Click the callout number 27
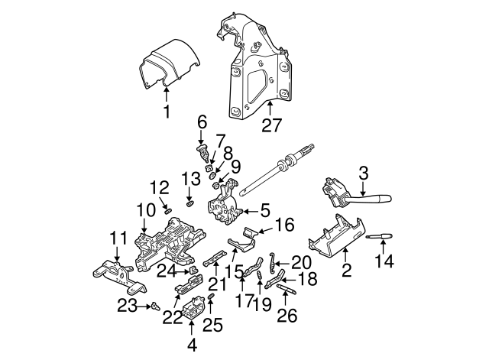tap(271, 125)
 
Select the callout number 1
tap(167, 112)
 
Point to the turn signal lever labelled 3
tap(355, 193)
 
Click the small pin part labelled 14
tap(379, 237)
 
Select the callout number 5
tap(265, 210)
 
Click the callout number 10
tap(146, 210)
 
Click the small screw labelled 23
tap(155, 306)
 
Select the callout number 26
tap(287, 316)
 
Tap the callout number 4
tap(193, 345)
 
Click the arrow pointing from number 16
tap(265, 231)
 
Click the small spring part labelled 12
tap(168, 212)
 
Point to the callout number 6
tap(202, 123)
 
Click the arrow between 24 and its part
tap(182, 272)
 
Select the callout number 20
tap(301, 263)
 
